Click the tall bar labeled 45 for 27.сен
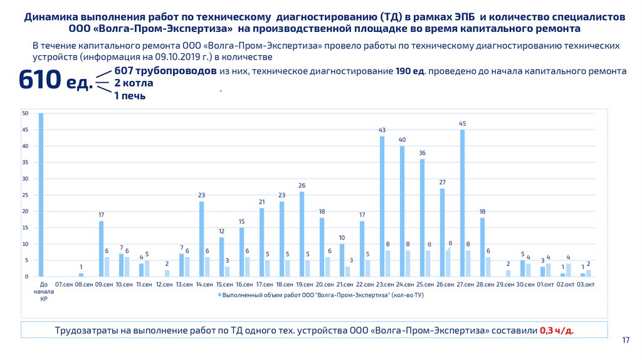pyautogui.click(x=463, y=203)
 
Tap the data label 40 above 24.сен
pyautogui.click(x=402, y=139)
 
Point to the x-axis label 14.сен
pyautogui.click(x=204, y=285)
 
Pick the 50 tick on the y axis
pyautogui.click(x=25, y=114)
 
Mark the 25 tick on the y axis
pyautogui.click(x=25, y=195)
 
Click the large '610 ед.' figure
pyautogui.click(x=55, y=82)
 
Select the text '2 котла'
pyautogui.click(x=133, y=83)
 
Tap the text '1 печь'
pyautogui.click(x=130, y=95)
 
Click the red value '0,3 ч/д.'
pyautogui.click(x=557, y=330)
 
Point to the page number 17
pyautogui.click(x=625, y=340)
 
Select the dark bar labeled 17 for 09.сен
pyautogui.click(x=101, y=248)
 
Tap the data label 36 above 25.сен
pyautogui.click(x=422, y=152)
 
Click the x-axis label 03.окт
pyautogui.click(x=586, y=285)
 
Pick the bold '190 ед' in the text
pyautogui.click(x=410, y=71)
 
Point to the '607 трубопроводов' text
pyautogui.click(x=166, y=71)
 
